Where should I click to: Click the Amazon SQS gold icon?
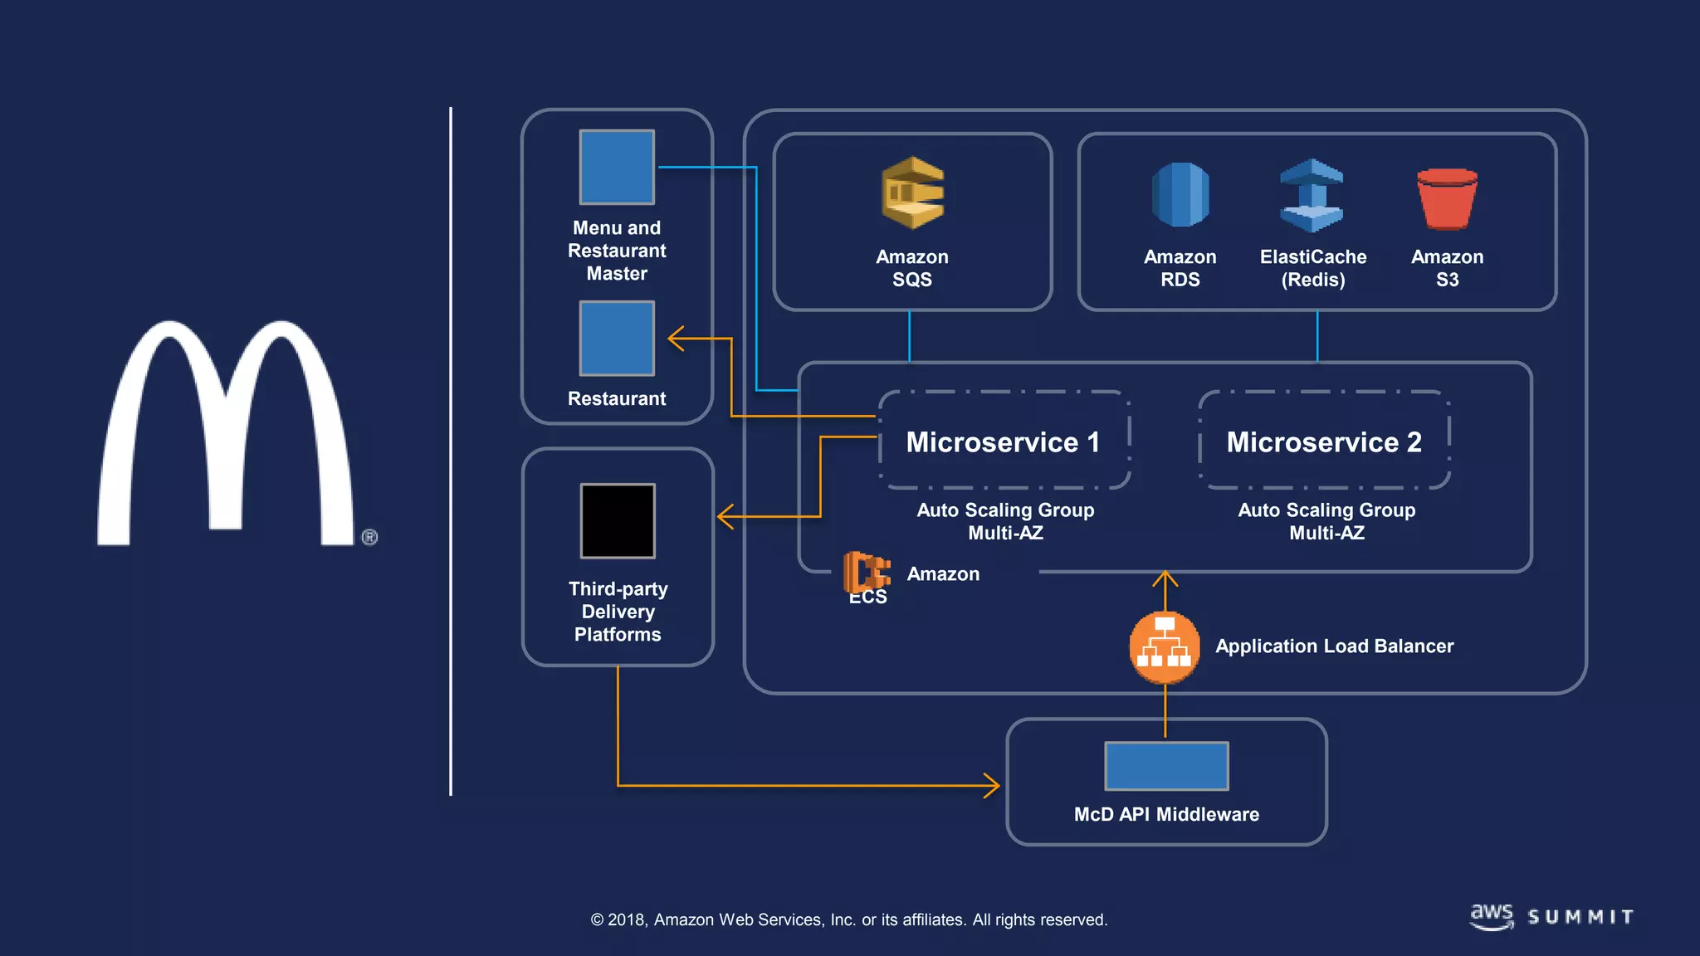pyautogui.click(x=912, y=193)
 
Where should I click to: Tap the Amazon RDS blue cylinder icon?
pyautogui.click(x=1180, y=195)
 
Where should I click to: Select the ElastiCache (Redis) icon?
pyautogui.click(x=1312, y=195)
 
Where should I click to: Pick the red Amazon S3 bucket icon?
pyautogui.click(x=1447, y=198)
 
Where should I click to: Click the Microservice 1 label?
pyautogui.click(x=1003, y=441)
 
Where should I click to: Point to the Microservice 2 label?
pyautogui.click(x=1324, y=441)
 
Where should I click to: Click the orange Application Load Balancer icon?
pyautogui.click(x=1164, y=647)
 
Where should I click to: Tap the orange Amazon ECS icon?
pyautogui.click(x=866, y=573)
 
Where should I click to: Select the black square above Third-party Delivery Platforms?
pyautogui.click(x=618, y=521)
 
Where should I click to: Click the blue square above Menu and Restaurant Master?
pyautogui.click(x=617, y=167)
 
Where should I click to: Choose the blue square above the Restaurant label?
pyautogui.click(x=617, y=339)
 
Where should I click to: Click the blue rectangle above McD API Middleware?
pyautogui.click(x=1166, y=766)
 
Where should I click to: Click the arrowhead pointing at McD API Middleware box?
pyautogui.click(x=993, y=785)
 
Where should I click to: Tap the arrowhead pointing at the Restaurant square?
pyautogui.click(x=676, y=339)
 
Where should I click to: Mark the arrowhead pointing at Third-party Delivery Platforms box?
pyautogui.click(x=725, y=516)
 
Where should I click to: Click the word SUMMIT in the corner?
pyautogui.click(x=1580, y=917)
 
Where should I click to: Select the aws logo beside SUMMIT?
pyautogui.click(x=1492, y=916)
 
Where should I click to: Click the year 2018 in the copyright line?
pyautogui.click(x=627, y=919)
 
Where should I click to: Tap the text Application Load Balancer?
pyautogui.click(x=1334, y=646)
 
